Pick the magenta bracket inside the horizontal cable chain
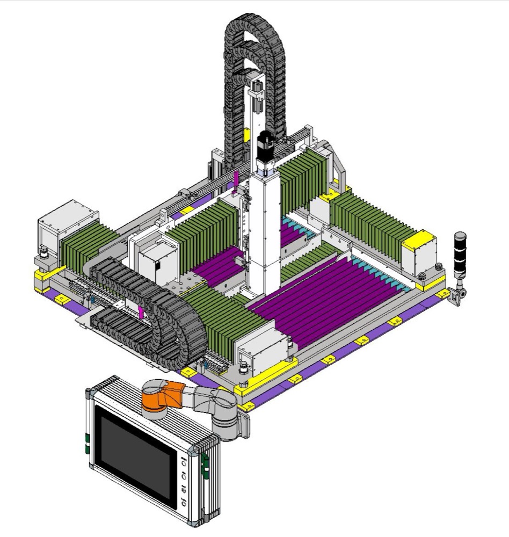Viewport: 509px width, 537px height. [x=141, y=313]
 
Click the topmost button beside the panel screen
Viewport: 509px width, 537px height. [x=184, y=461]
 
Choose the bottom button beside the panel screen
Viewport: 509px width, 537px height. [x=184, y=504]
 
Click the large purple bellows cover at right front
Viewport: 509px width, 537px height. [x=333, y=295]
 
